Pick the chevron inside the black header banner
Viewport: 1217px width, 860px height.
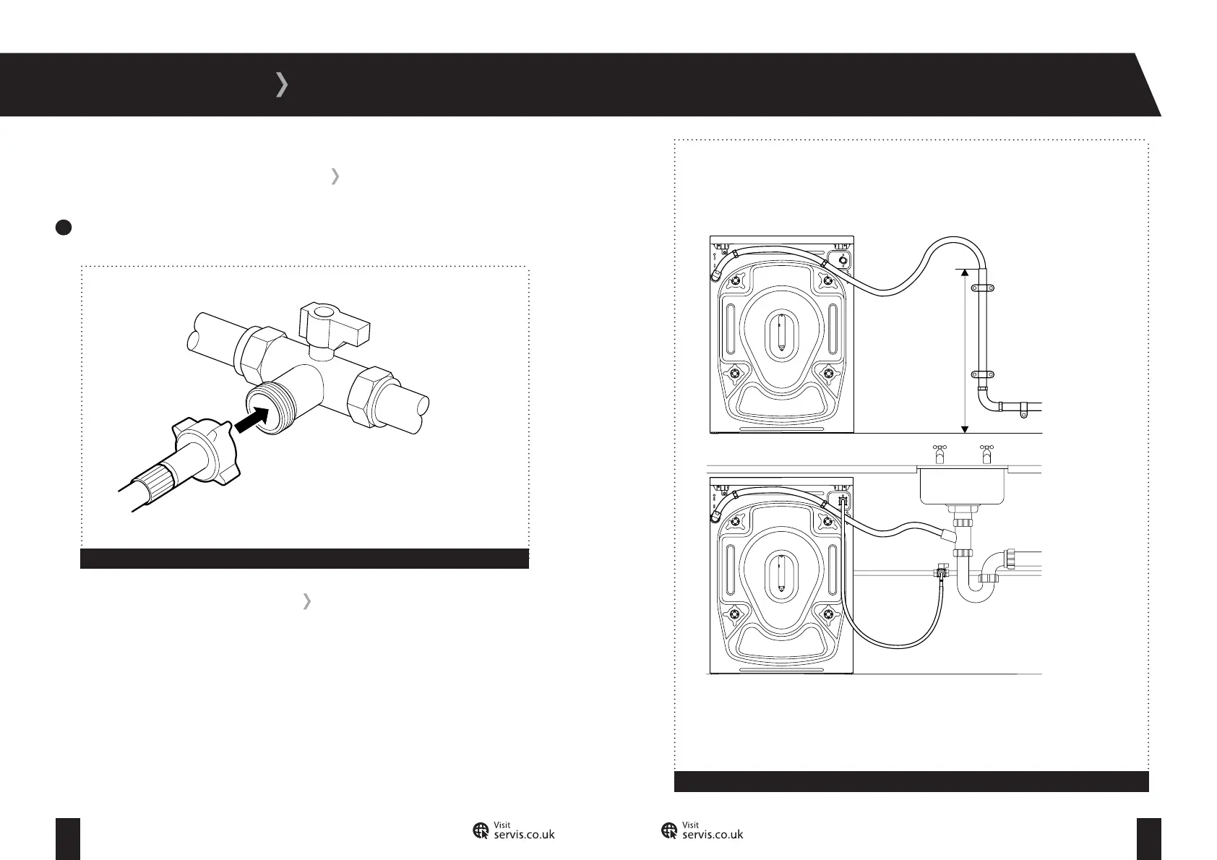tap(282, 85)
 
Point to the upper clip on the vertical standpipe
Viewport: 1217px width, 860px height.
tap(982, 288)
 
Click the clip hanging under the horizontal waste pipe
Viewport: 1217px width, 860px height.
tap(1023, 414)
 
